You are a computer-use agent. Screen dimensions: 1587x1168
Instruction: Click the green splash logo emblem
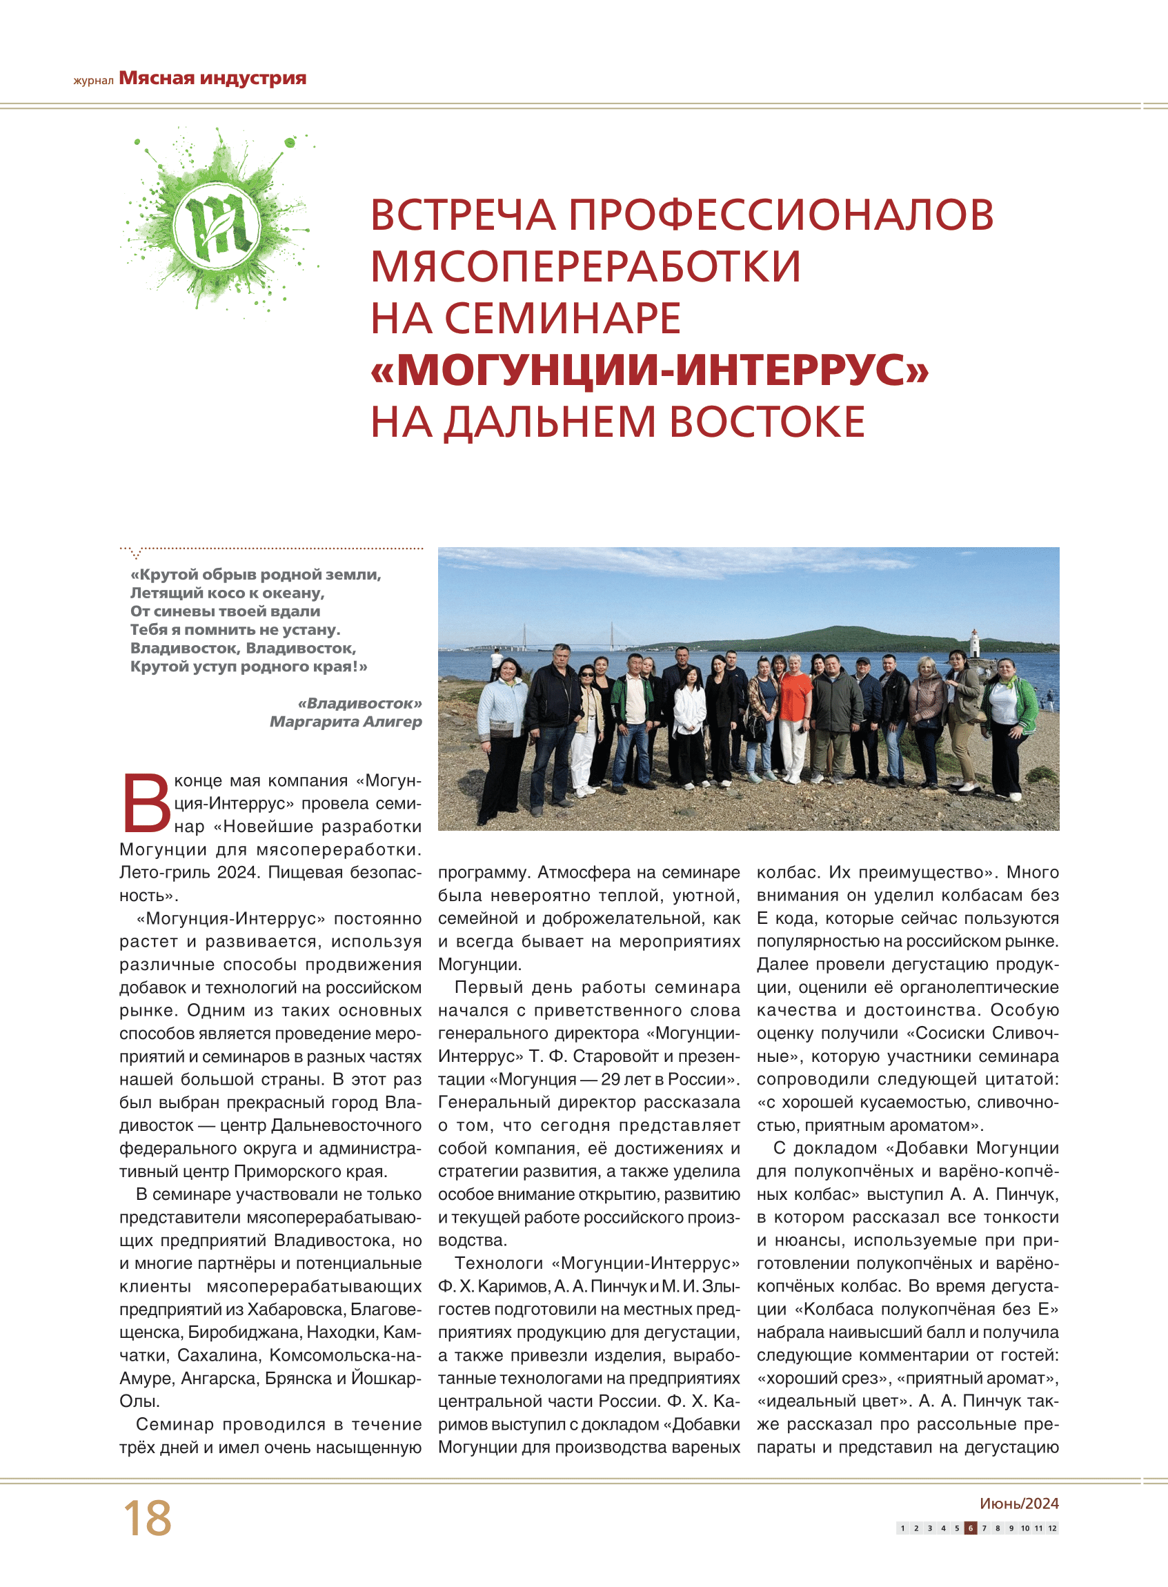[x=219, y=225]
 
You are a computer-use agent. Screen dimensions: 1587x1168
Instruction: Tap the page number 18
[x=147, y=1519]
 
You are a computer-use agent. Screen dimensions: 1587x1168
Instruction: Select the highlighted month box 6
[x=971, y=1528]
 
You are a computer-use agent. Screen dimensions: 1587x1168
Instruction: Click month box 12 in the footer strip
[x=1052, y=1528]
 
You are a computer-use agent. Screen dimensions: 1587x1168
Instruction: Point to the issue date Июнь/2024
[x=1019, y=1504]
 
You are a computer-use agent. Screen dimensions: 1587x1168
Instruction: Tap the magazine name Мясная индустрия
[x=212, y=78]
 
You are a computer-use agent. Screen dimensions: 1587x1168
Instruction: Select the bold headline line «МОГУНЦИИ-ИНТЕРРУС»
[x=650, y=369]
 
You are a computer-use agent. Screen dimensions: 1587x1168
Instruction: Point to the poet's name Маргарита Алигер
[x=346, y=721]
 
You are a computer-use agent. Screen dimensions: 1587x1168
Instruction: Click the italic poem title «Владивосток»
[x=360, y=703]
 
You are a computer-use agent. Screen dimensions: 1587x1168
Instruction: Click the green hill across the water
[x=834, y=635]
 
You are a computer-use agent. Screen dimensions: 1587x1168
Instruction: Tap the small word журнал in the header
[x=93, y=81]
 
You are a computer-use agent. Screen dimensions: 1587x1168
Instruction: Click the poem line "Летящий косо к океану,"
[x=227, y=593]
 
